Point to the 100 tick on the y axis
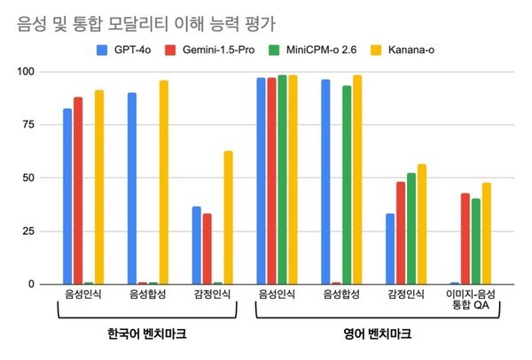pyautogui.click(x=34, y=72)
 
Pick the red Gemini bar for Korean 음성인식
pyautogui.click(x=78, y=191)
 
